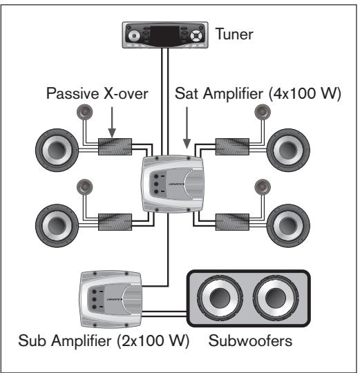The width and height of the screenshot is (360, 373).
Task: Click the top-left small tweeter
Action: pos(84,113)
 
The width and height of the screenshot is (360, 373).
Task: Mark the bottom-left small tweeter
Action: pos(84,186)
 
